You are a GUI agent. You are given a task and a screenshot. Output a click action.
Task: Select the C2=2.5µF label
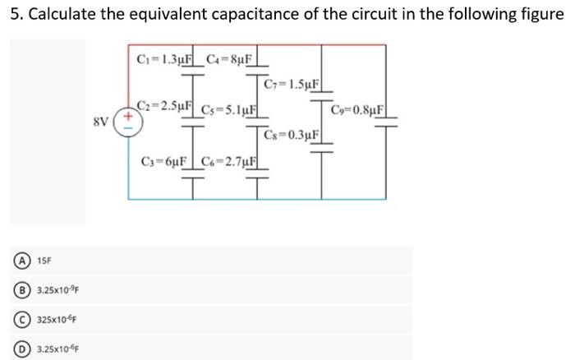coord(165,106)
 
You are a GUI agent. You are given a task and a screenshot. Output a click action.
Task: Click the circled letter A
coord(16,261)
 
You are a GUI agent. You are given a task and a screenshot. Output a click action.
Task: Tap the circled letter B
coord(16,289)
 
